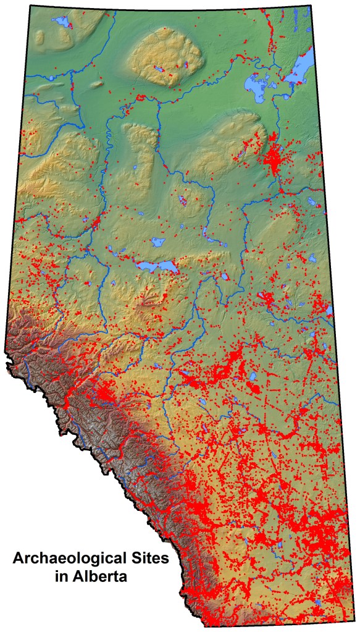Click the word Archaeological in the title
(69, 562)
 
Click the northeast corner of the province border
(309, 6)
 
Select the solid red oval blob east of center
(254, 388)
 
